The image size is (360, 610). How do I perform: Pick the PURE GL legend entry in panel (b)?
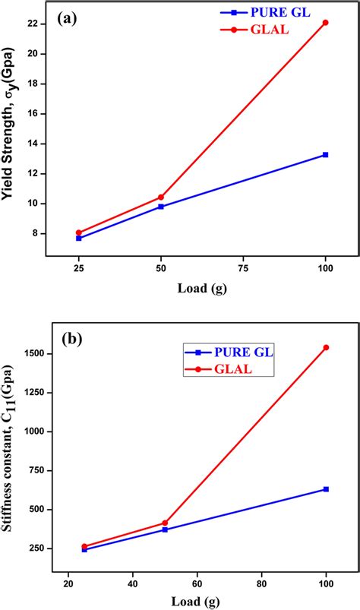(x=229, y=352)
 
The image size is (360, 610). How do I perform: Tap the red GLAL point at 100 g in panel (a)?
(x=326, y=23)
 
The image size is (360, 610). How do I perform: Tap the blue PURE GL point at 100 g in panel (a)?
(x=326, y=154)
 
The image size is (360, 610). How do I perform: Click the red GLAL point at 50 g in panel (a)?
(x=161, y=197)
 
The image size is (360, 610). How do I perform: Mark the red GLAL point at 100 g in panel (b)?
(x=326, y=347)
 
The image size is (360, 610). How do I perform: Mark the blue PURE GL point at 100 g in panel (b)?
(x=326, y=489)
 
